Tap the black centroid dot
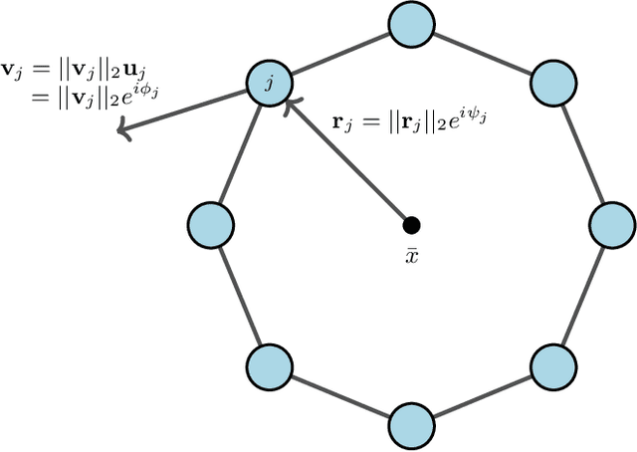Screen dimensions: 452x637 (x=410, y=224)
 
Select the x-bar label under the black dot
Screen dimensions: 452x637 (x=411, y=256)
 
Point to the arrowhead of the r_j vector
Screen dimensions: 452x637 (x=290, y=103)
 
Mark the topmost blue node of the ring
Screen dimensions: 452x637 (x=410, y=24)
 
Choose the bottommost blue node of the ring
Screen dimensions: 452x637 (x=410, y=425)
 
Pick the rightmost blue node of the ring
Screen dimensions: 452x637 (x=611, y=224)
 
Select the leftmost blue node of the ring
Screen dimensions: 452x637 (x=210, y=224)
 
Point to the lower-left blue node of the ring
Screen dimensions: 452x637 (x=269, y=366)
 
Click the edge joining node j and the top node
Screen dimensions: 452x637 (x=338, y=52)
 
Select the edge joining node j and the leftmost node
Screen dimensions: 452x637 (x=239, y=152)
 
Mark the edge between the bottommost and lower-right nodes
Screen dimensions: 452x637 (x=482, y=396)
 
